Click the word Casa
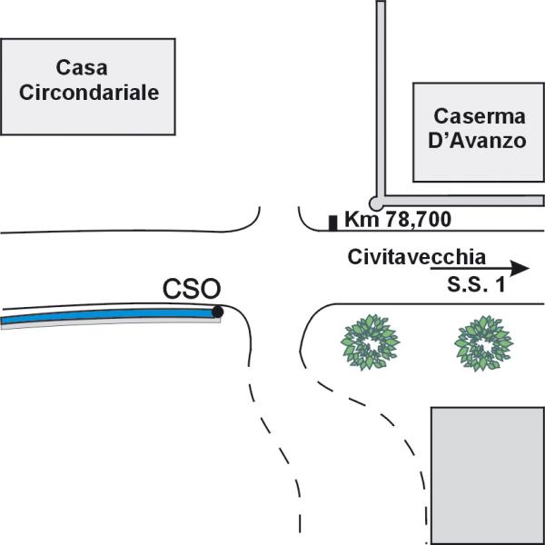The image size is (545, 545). [82, 67]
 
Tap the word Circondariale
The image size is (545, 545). [89, 93]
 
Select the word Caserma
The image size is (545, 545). [480, 116]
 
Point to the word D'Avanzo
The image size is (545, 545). [477, 141]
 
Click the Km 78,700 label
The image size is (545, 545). [398, 219]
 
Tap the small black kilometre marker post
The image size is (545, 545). [333, 223]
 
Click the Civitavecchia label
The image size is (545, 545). [416, 257]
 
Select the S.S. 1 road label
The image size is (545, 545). [476, 284]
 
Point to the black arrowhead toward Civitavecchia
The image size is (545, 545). [520, 268]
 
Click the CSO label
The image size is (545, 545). [192, 289]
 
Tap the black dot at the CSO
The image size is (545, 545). [218, 312]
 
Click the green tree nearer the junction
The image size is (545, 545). [371, 342]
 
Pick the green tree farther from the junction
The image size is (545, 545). [484, 343]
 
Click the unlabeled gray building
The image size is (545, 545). [488, 476]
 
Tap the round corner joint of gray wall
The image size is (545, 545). [376, 203]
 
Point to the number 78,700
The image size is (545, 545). [419, 220]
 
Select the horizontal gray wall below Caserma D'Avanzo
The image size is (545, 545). [463, 201]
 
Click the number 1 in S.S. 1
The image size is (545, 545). [500, 284]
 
